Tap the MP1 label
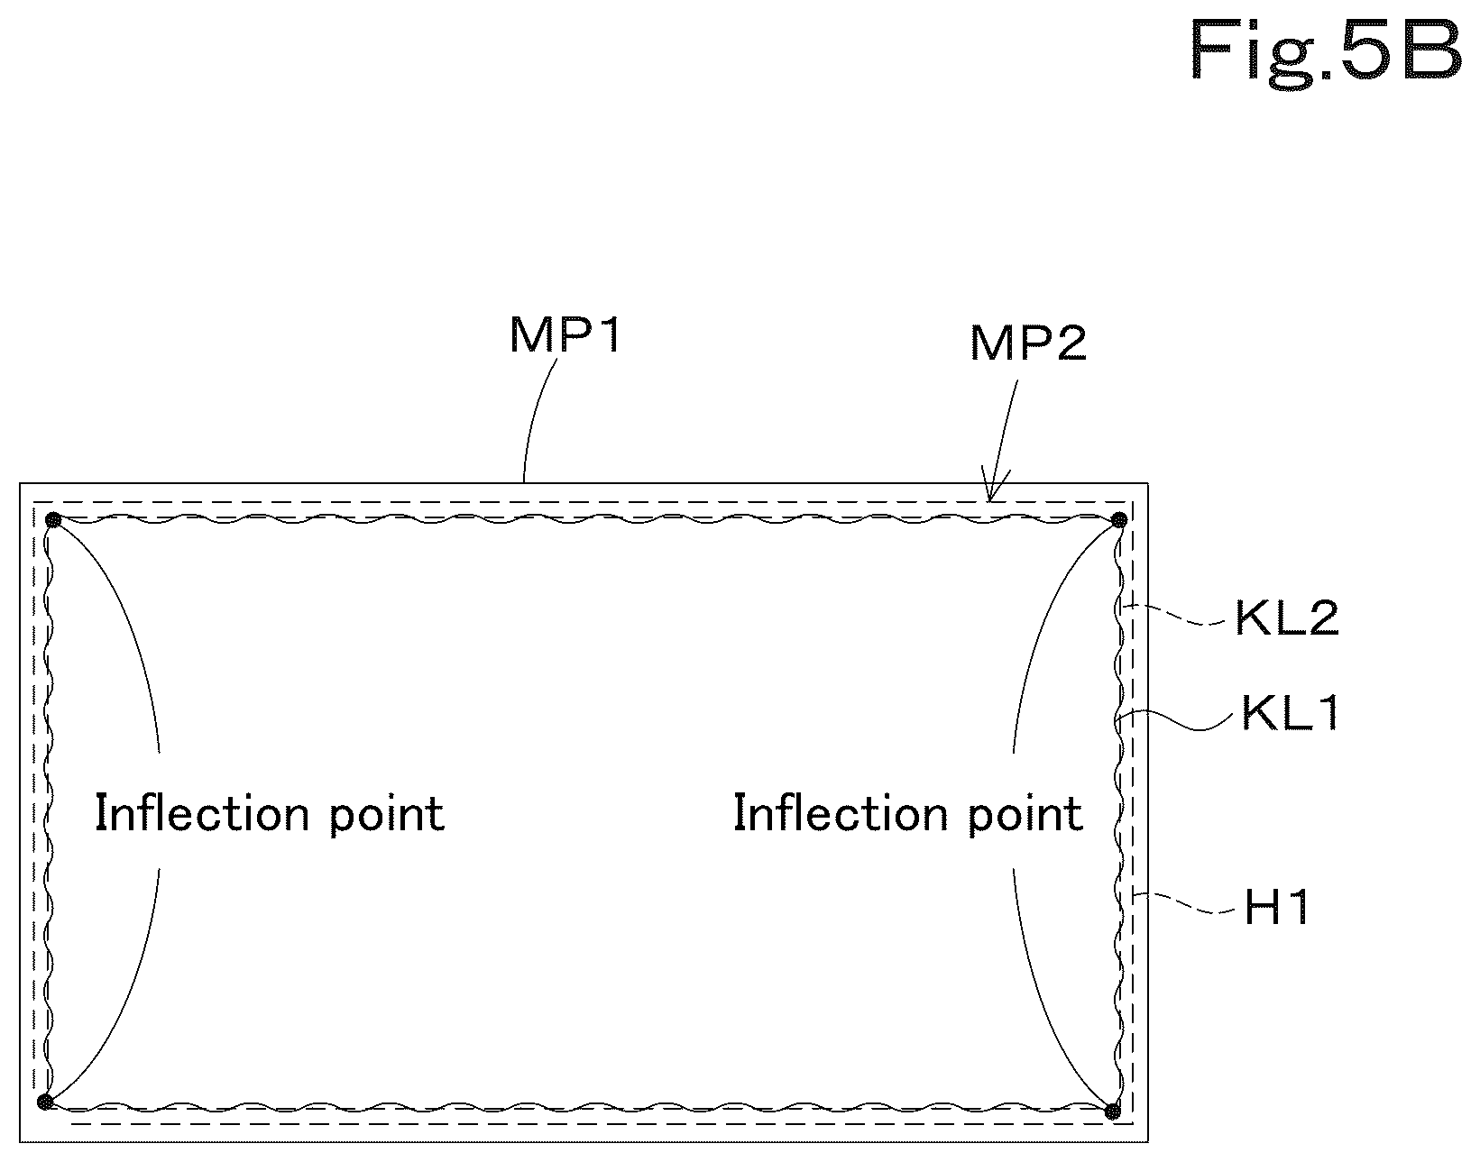pyautogui.click(x=565, y=335)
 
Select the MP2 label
pyautogui.click(x=1028, y=343)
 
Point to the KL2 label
pyautogui.click(x=1287, y=618)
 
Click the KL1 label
pyautogui.click(x=1290, y=713)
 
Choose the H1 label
pyautogui.click(x=1276, y=908)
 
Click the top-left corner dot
pyautogui.click(x=53, y=521)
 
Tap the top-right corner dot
pyautogui.click(x=1118, y=521)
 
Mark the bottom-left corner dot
pyautogui.click(x=45, y=1102)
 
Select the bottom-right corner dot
pyautogui.click(x=1112, y=1112)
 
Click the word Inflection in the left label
pyautogui.click(x=202, y=813)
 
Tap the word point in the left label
pyautogui.click(x=387, y=817)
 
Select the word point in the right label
pyautogui.click(x=1025, y=817)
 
